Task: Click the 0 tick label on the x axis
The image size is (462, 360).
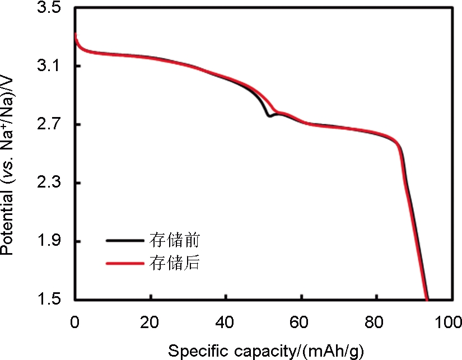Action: pos(75,323)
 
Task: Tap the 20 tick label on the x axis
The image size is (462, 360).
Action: pos(150,323)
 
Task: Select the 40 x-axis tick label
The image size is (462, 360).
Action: pos(225,323)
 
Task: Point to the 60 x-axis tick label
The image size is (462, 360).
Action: pos(301,323)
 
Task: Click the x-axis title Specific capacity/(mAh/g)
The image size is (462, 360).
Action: pos(266,351)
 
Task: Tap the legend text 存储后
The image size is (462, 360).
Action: pos(174,262)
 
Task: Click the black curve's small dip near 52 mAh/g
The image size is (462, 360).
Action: pos(269,116)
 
